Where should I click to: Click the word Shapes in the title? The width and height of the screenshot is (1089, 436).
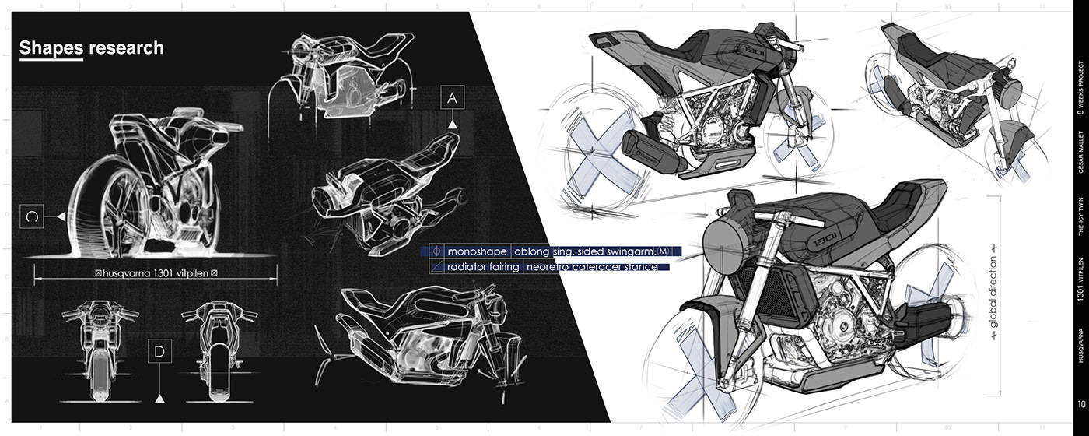[51, 48]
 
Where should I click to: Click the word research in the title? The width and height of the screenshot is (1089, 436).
[126, 48]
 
